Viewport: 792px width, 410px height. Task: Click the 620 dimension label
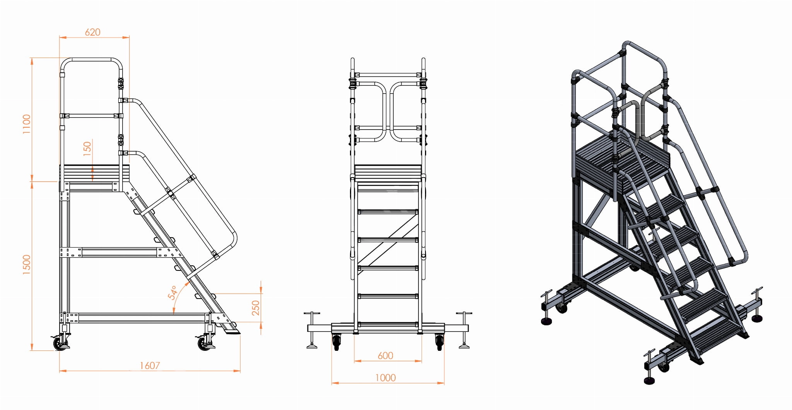tap(93, 32)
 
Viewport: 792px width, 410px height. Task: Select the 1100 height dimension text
tap(26, 124)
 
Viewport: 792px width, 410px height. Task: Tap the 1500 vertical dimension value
tap(26, 265)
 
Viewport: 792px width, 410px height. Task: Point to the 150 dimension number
tap(87, 149)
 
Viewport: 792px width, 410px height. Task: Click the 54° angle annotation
tap(172, 293)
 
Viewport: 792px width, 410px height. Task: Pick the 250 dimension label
tap(256, 308)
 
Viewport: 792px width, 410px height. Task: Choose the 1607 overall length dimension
tap(150, 366)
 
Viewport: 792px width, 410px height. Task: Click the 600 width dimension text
tap(385, 355)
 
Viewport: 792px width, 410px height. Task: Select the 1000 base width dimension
tap(386, 378)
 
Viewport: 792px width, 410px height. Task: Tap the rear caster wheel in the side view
tap(60, 343)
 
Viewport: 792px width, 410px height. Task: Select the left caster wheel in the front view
tap(336, 342)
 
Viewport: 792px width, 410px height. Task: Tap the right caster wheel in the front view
tap(439, 342)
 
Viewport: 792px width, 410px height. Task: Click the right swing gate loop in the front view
tap(406, 111)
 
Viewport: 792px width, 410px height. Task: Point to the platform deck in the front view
tap(388, 173)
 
